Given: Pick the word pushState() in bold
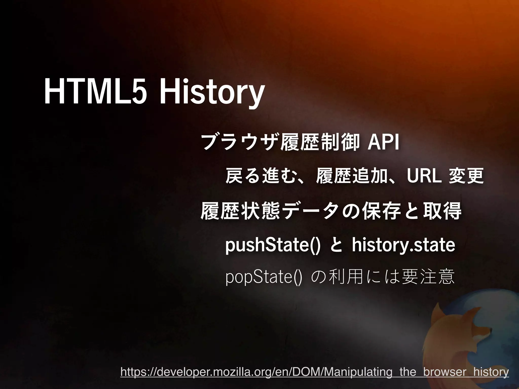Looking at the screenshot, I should [x=273, y=245].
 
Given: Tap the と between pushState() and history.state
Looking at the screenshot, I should [x=336, y=245].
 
